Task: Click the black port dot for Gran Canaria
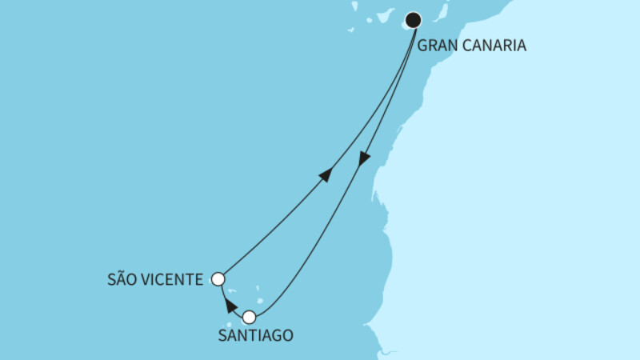[x=414, y=20]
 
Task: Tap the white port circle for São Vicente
[x=218, y=279]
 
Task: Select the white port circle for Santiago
[x=250, y=317]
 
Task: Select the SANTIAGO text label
[x=255, y=336]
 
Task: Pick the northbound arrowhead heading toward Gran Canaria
[x=326, y=174]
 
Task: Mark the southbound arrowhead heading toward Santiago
[x=364, y=158]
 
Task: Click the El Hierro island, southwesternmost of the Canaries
[x=350, y=30]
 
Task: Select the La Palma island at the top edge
[x=354, y=4]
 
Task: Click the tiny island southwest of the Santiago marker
[x=230, y=325]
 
